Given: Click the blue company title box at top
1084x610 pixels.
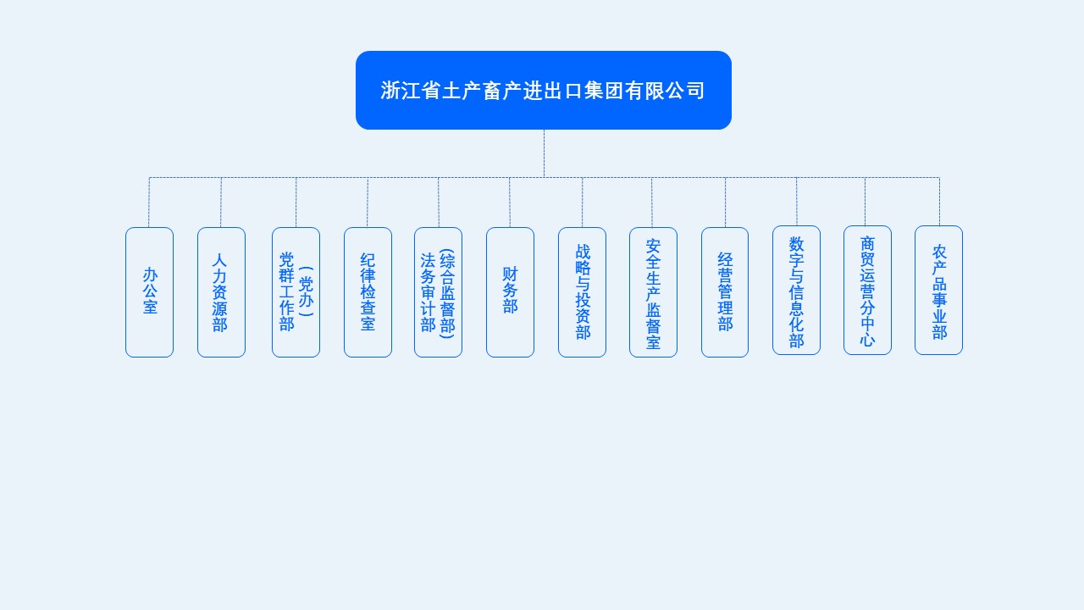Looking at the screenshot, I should tap(543, 90).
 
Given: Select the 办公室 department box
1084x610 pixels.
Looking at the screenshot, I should tap(149, 291).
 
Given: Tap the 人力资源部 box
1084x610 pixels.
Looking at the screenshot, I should tap(221, 291).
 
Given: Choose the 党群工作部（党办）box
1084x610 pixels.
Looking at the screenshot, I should tap(296, 291).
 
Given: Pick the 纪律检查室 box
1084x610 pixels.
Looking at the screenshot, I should tap(368, 291).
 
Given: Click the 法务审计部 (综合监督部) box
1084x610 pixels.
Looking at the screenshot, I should tap(438, 291).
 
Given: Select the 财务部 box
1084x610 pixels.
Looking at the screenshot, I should tap(510, 291).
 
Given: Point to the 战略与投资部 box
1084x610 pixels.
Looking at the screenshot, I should tap(582, 291).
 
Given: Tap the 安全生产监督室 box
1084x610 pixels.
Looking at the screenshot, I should tap(653, 291).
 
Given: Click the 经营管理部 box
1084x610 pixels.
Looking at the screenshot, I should tap(725, 291).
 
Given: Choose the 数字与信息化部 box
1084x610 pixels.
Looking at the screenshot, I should tap(796, 290).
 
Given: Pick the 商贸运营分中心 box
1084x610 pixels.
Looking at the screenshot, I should tap(867, 290).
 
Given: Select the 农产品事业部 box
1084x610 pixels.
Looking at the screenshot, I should tap(938, 290).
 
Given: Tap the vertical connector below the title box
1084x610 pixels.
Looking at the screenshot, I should tap(544, 153).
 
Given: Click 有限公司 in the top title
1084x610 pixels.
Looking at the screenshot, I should tap(665, 91).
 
